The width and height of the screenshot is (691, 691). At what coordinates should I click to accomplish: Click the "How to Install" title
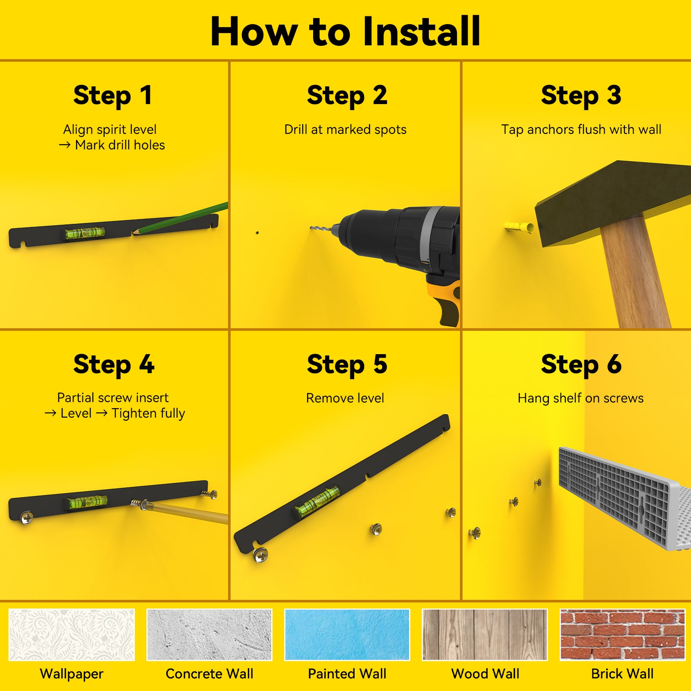coord(345,31)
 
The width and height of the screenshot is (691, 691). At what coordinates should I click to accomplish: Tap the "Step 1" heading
coord(113,95)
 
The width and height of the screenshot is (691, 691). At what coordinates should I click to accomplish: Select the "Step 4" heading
coord(114,364)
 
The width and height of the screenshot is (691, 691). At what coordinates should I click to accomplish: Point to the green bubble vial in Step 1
coord(85,233)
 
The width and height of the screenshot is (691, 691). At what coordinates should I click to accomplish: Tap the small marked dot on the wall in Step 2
coord(257,233)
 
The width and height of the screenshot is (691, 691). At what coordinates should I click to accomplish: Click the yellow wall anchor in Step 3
coord(519,226)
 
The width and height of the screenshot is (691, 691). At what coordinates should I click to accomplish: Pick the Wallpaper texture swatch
coord(72,634)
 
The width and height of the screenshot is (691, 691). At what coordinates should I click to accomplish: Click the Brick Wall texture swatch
coord(622,634)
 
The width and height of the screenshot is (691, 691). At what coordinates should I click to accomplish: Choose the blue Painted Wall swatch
coord(347,634)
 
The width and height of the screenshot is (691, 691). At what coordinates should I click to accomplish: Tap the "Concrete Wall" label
coord(209,674)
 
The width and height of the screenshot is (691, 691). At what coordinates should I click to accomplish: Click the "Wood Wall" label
coord(485,674)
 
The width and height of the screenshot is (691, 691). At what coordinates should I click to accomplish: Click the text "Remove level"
coord(345,398)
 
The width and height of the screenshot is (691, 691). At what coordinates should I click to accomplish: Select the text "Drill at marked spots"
coord(345,129)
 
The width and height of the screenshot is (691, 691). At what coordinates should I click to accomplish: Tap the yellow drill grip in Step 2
coord(445,298)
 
